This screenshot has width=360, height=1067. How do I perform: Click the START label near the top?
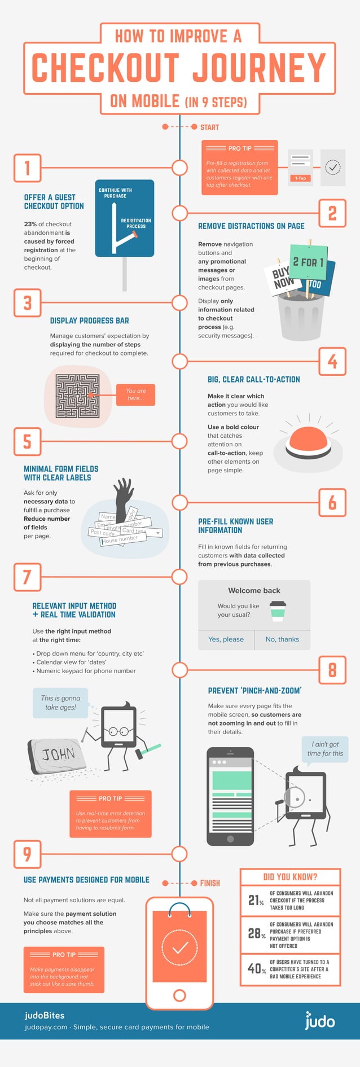[209, 127]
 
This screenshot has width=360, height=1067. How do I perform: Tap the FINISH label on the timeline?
[210, 883]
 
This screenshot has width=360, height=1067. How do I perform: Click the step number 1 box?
[27, 168]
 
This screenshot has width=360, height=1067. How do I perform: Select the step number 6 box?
[332, 502]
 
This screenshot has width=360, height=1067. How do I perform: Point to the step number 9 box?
[27, 854]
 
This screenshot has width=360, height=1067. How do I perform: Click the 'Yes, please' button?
[226, 639]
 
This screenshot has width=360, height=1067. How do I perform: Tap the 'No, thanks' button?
[282, 639]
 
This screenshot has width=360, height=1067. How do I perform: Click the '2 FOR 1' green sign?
[308, 262]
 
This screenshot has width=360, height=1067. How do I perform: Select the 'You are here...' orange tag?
[135, 394]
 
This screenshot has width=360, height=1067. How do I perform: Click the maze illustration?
[77, 396]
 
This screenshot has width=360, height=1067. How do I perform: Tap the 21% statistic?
[256, 900]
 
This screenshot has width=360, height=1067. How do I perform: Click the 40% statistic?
[256, 969]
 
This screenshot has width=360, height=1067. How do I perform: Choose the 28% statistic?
[256, 934]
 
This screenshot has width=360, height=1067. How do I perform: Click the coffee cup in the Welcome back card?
[278, 611]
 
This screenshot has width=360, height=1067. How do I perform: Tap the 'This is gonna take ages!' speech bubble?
[60, 702]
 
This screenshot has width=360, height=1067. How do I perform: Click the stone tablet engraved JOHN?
[56, 753]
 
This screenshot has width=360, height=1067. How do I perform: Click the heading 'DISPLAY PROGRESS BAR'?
[89, 320]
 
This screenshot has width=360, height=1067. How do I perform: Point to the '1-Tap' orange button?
[300, 178]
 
